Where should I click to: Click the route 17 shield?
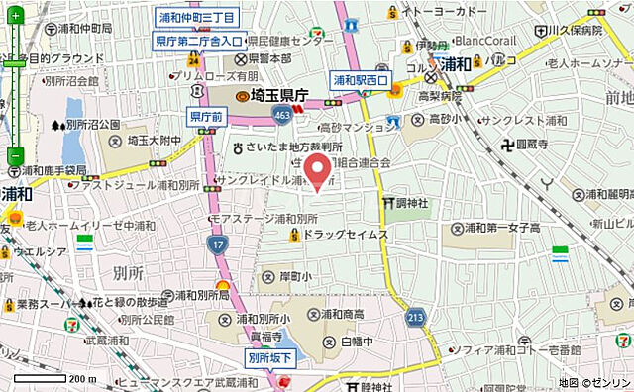coord(218,244)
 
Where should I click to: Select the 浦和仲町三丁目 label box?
coord(198,18)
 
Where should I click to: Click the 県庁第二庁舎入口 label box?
coord(199,42)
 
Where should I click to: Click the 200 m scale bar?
coord(55,378)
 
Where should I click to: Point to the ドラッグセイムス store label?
coord(345,236)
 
